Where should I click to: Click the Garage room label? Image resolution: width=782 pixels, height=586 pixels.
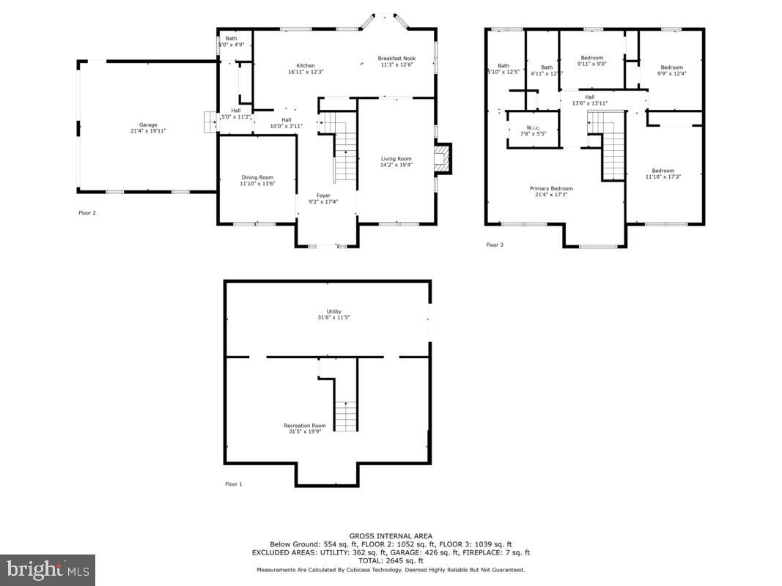coord(148,128)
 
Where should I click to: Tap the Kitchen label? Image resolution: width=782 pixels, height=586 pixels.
coord(306,68)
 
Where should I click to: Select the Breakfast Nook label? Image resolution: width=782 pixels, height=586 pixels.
coord(396,62)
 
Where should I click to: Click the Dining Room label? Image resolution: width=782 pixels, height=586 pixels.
coord(257,180)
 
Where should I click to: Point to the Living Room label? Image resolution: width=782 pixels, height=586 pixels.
coord(396,162)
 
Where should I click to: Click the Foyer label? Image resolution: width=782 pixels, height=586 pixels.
coord(323,199)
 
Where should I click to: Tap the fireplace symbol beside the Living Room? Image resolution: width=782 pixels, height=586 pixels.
coord(443,159)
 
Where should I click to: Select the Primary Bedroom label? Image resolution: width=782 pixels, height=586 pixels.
coord(551,192)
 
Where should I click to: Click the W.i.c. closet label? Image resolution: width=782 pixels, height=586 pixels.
coord(533,130)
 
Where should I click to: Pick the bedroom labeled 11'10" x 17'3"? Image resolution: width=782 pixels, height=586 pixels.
coord(663,174)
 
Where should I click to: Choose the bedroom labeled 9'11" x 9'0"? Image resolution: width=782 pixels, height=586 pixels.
coord(591,61)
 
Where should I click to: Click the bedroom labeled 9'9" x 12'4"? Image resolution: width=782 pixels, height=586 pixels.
coord(671,70)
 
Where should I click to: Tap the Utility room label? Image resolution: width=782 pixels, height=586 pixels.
coord(334,315)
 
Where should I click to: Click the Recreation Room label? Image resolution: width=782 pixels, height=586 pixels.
coord(305,429)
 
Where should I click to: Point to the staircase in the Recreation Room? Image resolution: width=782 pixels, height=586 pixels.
coord(345,415)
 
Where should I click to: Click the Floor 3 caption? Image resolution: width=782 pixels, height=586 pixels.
coord(495,245)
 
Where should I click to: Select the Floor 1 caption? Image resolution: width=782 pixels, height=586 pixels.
coord(233,484)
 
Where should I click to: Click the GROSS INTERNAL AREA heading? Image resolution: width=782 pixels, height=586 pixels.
coord(391,535)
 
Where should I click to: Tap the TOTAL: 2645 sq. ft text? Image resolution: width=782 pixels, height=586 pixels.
coord(391,560)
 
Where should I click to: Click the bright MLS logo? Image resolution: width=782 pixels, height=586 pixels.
coord(48,569)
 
